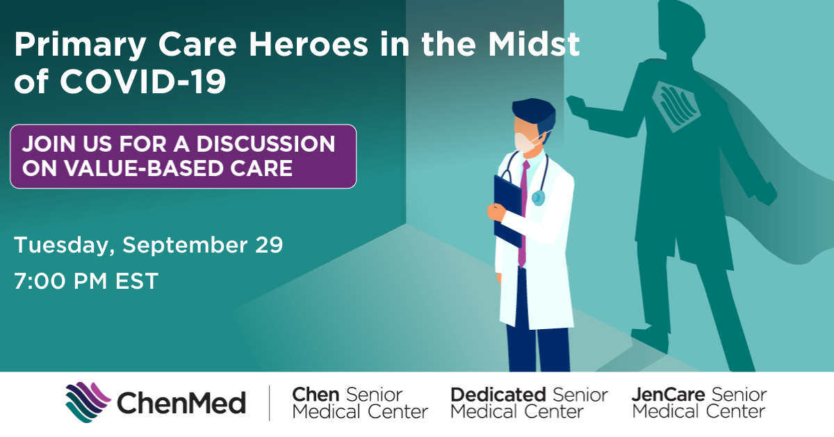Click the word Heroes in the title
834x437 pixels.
[x=309, y=44]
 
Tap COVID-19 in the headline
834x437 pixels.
[x=142, y=81]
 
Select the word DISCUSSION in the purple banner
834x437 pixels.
[x=265, y=144]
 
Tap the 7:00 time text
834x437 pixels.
[x=40, y=281]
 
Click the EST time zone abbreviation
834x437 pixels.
[x=137, y=281]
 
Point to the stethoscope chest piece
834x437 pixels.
[x=538, y=198]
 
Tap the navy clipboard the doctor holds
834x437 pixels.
[x=507, y=211]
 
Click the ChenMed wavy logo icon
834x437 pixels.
[x=88, y=402]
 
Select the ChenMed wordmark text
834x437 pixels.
[x=181, y=403]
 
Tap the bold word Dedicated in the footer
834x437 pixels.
[x=498, y=395]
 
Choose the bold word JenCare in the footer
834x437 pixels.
[x=669, y=395]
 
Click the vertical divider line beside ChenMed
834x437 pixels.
[x=269, y=403]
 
